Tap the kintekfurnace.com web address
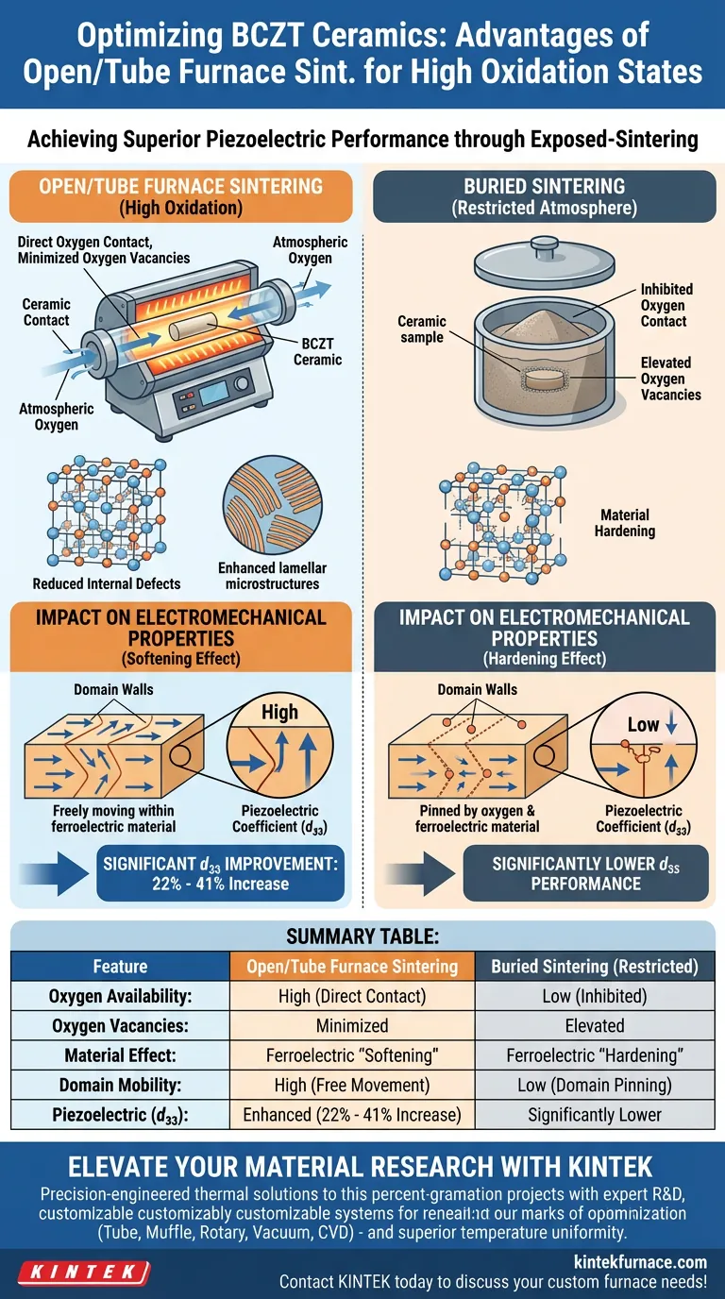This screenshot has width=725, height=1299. (x=640, y=1262)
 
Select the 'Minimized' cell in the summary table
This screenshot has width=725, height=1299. (x=352, y=1025)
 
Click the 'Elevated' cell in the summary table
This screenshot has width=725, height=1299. (x=595, y=1025)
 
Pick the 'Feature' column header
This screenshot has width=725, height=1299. (x=120, y=966)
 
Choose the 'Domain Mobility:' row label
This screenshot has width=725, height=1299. (x=120, y=1085)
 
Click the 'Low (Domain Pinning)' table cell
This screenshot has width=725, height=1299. (x=595, y=1085)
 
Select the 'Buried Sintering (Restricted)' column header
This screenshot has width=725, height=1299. (x=595, y=966)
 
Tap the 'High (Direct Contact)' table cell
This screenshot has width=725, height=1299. (x=352, y=996)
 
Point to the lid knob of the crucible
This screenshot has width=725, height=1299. (x=546, y=247)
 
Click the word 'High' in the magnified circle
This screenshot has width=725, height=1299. (x=279, y=712)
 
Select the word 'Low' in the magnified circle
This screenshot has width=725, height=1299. (x=643, y=725)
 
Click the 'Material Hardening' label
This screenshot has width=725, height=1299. (x=625, y=523)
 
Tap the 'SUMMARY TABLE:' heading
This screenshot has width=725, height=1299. (x=362, y=938)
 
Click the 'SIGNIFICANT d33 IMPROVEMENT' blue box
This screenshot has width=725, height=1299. (x=222, y=874)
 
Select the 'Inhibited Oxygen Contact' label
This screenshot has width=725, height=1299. (x=666, y=305)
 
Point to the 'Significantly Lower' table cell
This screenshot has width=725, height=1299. (x=595, y=1115)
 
